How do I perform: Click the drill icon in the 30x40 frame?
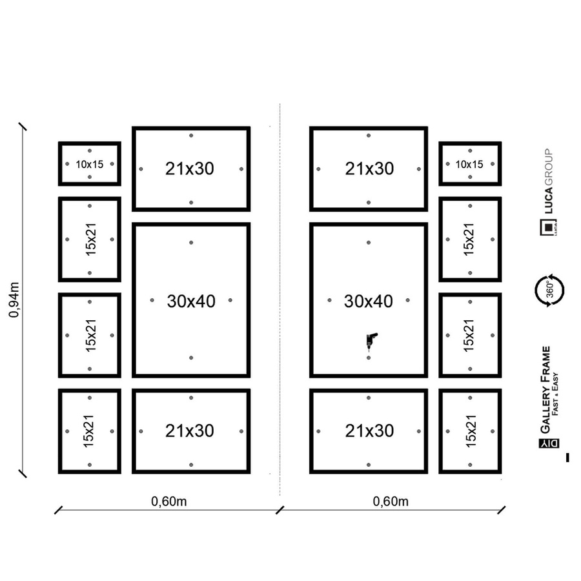(372, 340)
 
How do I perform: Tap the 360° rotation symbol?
(548, 289)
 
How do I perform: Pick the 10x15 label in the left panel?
(90, 164)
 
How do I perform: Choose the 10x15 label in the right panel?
(469, 164)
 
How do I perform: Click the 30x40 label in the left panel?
(191, 301)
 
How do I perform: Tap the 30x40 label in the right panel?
(369, 301)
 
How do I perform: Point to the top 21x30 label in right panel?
(369, 168)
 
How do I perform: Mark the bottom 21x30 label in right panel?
(369, 431)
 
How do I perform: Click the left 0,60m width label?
(169, 501)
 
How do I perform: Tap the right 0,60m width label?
(391, 501)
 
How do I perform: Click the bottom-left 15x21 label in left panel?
(89, 431)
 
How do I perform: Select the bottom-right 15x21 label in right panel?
(469, 431)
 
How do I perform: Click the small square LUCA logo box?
(547, 228)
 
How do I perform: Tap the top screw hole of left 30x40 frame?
(191, 243)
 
